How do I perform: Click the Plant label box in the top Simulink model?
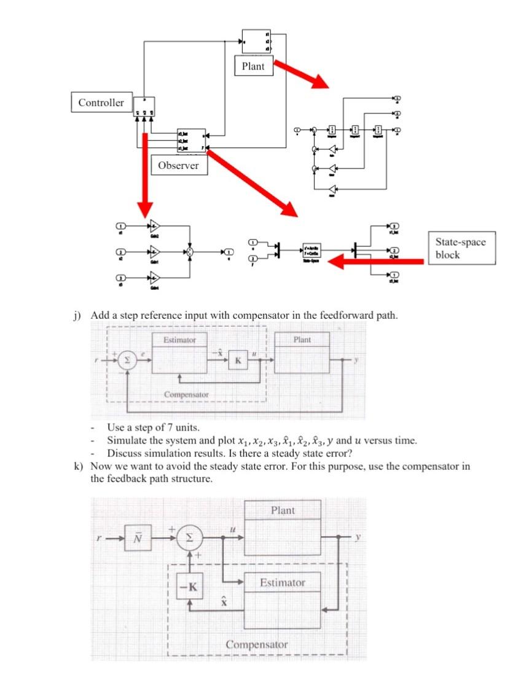(x=253, y=66)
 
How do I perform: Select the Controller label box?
(x=101, y=103)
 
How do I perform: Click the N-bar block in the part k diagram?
(x=136, y=537)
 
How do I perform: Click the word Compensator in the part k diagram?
(x=256, y=644)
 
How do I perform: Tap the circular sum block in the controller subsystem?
(x=190, y=252)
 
